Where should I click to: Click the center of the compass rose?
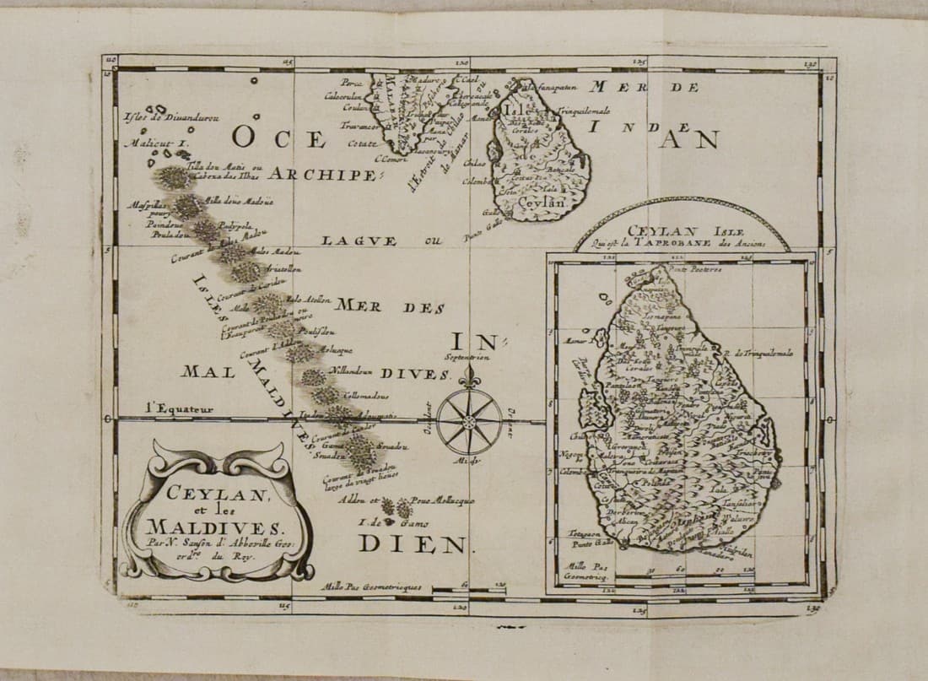pyautogui.click(x=469, y=419)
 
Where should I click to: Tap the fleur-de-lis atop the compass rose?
pyautogui.click(x=469, y=375)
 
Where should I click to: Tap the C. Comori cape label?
pyautogui.click(x=390, y=159)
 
